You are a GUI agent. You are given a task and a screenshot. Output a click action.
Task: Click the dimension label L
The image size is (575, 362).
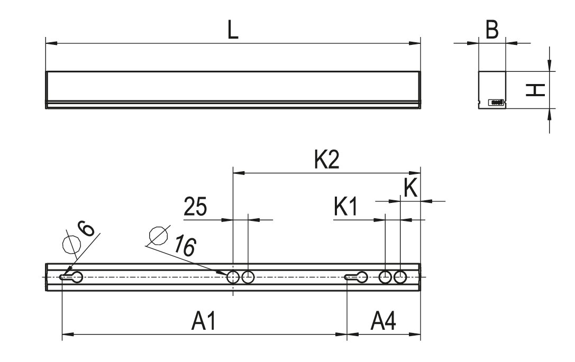tap(233, 30)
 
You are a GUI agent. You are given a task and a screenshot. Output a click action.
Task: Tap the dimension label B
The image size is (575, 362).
tap(492, 31)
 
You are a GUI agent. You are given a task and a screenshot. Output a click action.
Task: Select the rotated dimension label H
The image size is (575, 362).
tap(536, 90)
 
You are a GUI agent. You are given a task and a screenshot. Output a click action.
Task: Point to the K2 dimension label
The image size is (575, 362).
tap(326, 160)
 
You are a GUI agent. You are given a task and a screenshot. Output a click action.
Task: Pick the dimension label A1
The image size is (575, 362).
tap(204, 321)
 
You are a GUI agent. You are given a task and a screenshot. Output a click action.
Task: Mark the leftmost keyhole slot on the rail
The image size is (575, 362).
tap(71, 277)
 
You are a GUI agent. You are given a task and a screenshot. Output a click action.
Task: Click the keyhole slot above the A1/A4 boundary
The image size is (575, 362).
tap(357, 277)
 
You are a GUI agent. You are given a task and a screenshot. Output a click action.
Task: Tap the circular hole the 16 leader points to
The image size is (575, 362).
tap(233, 277)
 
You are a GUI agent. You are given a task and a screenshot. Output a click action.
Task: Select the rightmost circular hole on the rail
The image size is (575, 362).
tap(400, 277)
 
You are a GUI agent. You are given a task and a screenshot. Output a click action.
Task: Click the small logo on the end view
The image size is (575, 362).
tap(496, 102)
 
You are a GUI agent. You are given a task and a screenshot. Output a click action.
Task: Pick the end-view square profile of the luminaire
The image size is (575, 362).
tap(492, 89)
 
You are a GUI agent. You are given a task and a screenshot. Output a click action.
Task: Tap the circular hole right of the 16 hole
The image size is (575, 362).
tap(248, 277)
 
